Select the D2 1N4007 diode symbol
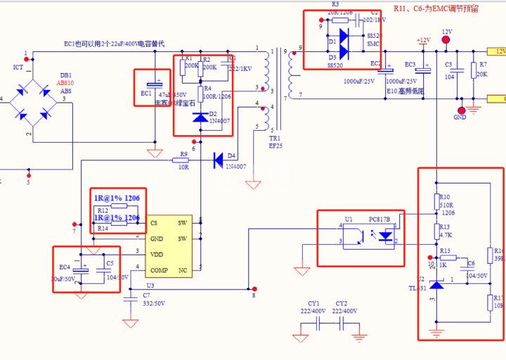(x=200, y=117)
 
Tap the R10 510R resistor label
(x=444, y=197)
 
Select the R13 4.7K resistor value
(x=445, y=236)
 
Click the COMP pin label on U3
(x=159, y=270)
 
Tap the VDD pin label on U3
(x=157, y=255)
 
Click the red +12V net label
(x=423, y=40)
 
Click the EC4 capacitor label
(x=65, y=267)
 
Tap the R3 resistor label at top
(x=335, y=4)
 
